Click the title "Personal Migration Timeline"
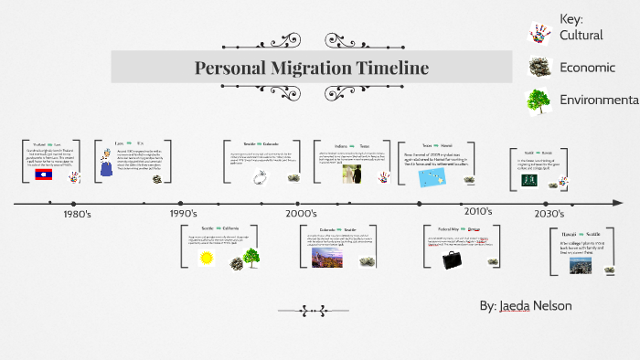click(x=311, y=68)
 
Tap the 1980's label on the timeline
click(x=76, y=214)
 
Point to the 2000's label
click(x=301, y=214)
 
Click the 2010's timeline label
click(x=477, y=212)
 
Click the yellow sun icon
click(x=207, y=258)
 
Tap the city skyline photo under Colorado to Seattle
click(x=325, y=259)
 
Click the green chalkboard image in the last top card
click(x=528, y=180)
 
